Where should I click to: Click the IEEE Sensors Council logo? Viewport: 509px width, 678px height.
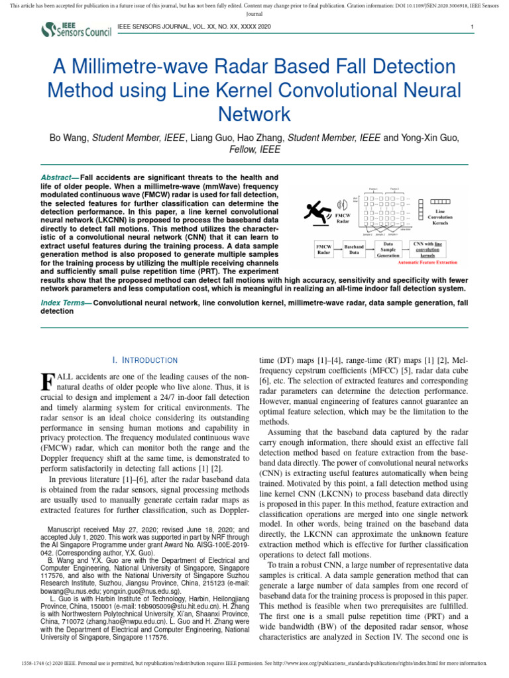pyautogui.click(x=76, y=29)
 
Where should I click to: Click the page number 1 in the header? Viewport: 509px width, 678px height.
pyautogui.click(x=471, y=27)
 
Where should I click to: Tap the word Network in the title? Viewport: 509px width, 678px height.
pyautogui.click(x=255, y=113)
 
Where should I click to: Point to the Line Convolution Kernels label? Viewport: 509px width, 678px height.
pyautogui.click(x=441, y=217)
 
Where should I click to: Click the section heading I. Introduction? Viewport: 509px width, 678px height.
pyautogui.click(x=145, y=360)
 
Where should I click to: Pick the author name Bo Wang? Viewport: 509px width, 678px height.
pyautogui.click(x=70, y=138)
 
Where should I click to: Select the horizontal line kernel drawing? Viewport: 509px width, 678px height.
pyautogui.click(x=440, y=201)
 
